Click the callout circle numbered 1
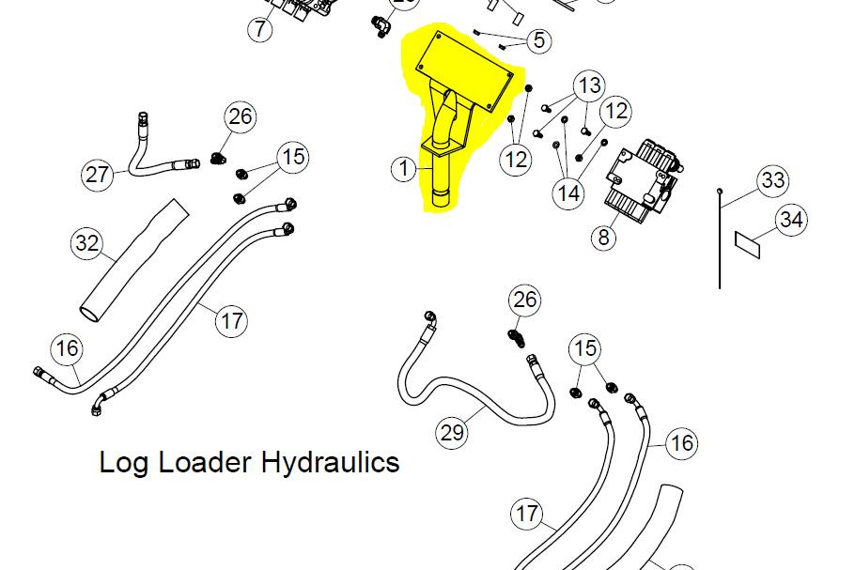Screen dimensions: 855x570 404,168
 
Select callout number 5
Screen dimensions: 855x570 538,39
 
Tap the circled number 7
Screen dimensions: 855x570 260,28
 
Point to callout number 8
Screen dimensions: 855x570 603,238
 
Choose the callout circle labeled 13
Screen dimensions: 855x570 589,85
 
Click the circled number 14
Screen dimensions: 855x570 568,193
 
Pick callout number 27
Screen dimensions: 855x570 98,175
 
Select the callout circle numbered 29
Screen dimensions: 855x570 452,433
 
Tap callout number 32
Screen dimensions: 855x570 87,243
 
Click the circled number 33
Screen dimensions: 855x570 773,180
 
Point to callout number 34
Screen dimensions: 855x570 791,220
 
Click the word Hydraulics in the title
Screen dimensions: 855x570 331,463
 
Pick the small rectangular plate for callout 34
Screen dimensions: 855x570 747,245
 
